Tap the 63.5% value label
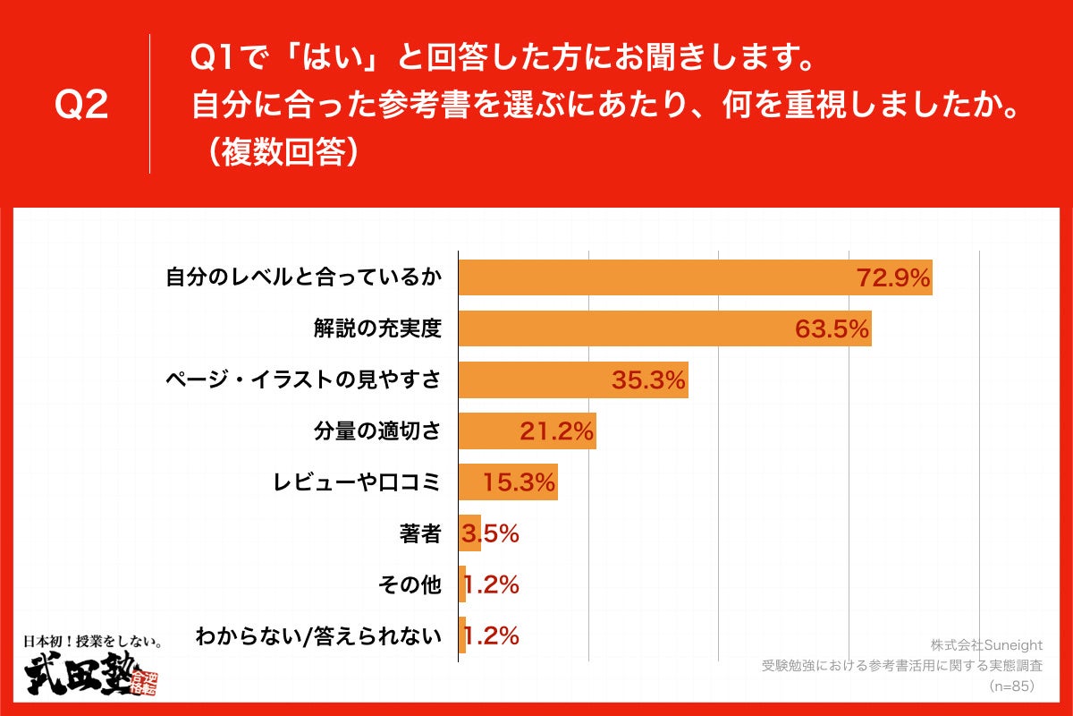832,330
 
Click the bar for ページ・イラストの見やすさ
572,380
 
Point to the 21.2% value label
556,432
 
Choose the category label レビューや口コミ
357,483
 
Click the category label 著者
420,534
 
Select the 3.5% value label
490,534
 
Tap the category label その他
410,585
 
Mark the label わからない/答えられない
318,637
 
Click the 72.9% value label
894,278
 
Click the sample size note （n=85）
1010,686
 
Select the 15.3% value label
520,483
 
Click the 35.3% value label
648,381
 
